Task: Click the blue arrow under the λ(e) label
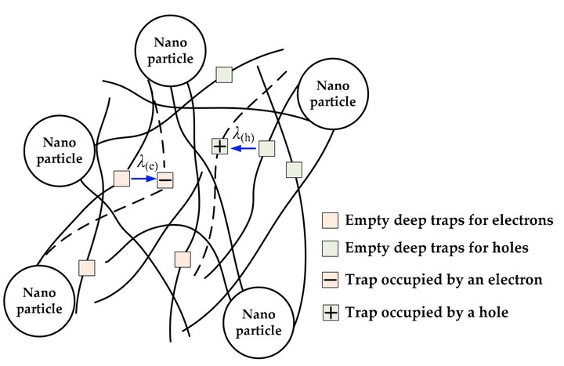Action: pos(143,179)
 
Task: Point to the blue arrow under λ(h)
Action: pos(244,147)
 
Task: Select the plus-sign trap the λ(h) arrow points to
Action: pos(220,147)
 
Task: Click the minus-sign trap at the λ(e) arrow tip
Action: pos(165,180)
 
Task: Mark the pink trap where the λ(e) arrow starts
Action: pos(121,179)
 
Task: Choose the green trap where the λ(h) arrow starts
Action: pos(267,147)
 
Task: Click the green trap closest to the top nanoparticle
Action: pos(224,76)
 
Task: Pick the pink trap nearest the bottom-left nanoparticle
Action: pos(86,266)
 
